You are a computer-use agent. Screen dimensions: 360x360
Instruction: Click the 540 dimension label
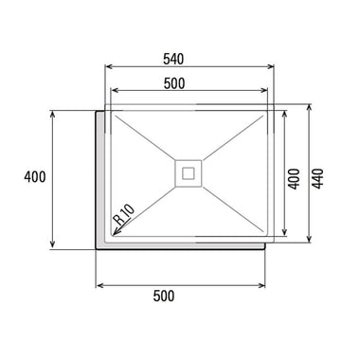pos(173,59)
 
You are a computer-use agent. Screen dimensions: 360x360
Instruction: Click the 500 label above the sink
pos(174,83)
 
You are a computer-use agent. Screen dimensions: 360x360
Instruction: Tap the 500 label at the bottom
pos(164,297)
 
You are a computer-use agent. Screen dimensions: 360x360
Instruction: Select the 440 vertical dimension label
pos(317,179)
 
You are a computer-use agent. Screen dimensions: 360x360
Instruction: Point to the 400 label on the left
pos(35,177)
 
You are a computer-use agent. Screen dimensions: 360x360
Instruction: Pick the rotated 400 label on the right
pos(295,179)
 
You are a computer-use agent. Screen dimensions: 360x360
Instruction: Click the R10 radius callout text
pos(124,214)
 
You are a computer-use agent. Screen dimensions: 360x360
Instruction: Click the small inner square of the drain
pos(189,173)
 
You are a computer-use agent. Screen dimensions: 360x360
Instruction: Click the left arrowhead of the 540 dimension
pos(108,66)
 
